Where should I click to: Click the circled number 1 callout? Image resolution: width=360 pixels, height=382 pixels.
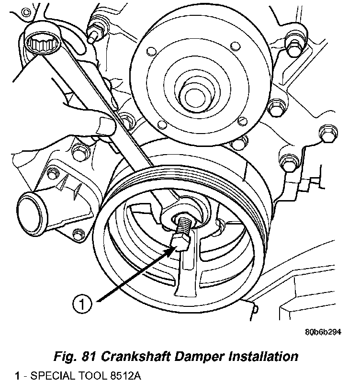(82, 304)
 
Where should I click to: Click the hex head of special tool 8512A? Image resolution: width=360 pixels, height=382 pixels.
(180, 243)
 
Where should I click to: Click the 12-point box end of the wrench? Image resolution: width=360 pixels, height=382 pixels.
(42, 45)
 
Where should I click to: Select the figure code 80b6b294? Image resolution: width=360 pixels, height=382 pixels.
(323, 332)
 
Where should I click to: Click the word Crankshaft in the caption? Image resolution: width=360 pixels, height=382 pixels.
(135, 357)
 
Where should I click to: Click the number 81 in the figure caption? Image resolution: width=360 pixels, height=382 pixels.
(89, 357)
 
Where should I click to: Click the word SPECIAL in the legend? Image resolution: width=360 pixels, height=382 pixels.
(51, 376)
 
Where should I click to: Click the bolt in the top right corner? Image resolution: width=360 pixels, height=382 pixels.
(294, 48)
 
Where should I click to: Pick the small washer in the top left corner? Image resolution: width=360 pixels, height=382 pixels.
(26, 12)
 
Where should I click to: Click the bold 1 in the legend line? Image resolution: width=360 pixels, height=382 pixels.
(17, 376)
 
